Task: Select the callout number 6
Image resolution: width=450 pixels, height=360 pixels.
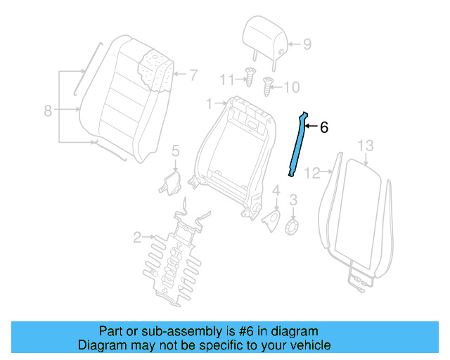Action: point(324,128)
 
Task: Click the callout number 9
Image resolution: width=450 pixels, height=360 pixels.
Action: point(307,45)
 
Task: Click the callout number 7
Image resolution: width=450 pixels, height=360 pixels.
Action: point(193,73)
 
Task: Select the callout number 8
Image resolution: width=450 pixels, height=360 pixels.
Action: point(47,110)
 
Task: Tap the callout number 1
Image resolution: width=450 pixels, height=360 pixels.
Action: point(209,104)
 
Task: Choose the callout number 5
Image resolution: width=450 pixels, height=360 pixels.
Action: point(176,150)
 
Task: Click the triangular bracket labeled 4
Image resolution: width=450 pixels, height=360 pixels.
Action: point(271,219)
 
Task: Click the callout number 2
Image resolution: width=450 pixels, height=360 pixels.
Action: point(137,237)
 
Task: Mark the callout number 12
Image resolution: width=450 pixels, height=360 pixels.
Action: point(313,172)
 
